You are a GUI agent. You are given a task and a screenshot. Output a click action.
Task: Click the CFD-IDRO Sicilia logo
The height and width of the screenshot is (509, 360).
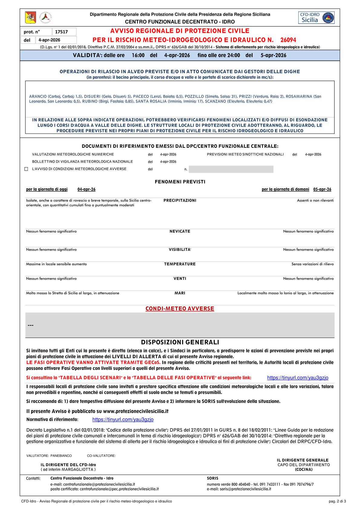tap(316, 18)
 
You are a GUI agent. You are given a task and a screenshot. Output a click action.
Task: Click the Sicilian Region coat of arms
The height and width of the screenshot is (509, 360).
tap(30, 18)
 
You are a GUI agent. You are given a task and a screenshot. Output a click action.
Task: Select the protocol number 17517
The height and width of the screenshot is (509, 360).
tap(64, 32)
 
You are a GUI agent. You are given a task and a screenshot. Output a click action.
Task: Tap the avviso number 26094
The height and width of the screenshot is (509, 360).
tap(288, 40)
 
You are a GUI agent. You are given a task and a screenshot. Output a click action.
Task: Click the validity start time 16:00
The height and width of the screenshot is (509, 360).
tap(138, 55)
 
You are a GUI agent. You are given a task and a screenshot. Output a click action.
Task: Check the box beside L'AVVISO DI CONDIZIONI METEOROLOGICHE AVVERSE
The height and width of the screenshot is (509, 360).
tap(26, 169)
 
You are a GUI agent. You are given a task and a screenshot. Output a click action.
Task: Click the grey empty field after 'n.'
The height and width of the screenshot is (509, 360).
tap(231, 169)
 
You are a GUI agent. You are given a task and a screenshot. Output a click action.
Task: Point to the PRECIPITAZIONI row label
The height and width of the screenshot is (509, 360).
tap(180, 200)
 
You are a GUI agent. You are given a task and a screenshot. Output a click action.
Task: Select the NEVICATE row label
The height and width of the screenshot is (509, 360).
tap(180, 231)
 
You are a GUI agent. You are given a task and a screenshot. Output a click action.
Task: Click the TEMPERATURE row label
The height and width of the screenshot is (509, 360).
tap(180, 264)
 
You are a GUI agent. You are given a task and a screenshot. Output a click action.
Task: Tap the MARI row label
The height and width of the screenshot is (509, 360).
tap(180, 293)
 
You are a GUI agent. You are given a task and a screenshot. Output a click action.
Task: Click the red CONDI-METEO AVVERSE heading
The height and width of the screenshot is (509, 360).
tap(180, 309)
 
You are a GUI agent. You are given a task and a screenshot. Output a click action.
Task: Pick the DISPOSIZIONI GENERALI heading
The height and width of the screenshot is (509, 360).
tap(180, 342)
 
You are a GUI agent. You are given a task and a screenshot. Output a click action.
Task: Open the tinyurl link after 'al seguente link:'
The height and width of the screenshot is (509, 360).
tap(298, 378)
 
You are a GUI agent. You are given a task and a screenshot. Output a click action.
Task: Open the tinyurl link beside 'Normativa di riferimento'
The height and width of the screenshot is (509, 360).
tap(123, 420)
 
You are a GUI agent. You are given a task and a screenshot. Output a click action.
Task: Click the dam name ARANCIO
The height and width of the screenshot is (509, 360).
tap(38, 96)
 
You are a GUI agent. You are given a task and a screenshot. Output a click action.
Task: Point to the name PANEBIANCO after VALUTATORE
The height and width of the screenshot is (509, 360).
tap(61, 456)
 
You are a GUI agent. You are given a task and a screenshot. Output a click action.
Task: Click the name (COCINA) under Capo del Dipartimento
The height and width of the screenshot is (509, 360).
tap(304, 469)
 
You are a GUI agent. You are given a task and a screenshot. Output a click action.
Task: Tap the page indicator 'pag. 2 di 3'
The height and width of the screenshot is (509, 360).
tap(337, 501)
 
